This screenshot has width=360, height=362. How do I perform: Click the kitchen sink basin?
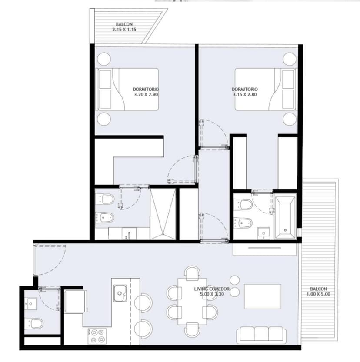(120, 293)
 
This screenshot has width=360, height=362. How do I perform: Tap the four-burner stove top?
(97, 336)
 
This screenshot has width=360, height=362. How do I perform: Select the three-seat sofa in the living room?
(261, 335)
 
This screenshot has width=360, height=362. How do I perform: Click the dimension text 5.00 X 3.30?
(212, 294)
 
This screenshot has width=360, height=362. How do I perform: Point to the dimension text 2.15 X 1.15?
(124, 29)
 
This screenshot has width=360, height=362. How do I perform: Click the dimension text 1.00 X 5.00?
(318, 294)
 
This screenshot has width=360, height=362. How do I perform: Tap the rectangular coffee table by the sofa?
(263, 296)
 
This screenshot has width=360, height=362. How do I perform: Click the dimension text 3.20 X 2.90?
(146, 94)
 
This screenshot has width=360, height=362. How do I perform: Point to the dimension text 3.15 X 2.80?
(244, 94)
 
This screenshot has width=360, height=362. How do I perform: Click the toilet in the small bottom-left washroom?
(34, 323)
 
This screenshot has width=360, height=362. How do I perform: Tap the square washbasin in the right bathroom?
(263, 233)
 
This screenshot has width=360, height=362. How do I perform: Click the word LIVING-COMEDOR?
(212, 289)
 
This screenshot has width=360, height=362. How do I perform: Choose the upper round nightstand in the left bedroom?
(104, 59)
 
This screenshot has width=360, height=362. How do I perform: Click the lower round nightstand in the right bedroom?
(290, 119)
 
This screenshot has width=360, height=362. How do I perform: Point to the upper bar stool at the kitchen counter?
(143, 302)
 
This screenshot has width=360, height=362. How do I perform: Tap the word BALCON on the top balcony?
(124, 24)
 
